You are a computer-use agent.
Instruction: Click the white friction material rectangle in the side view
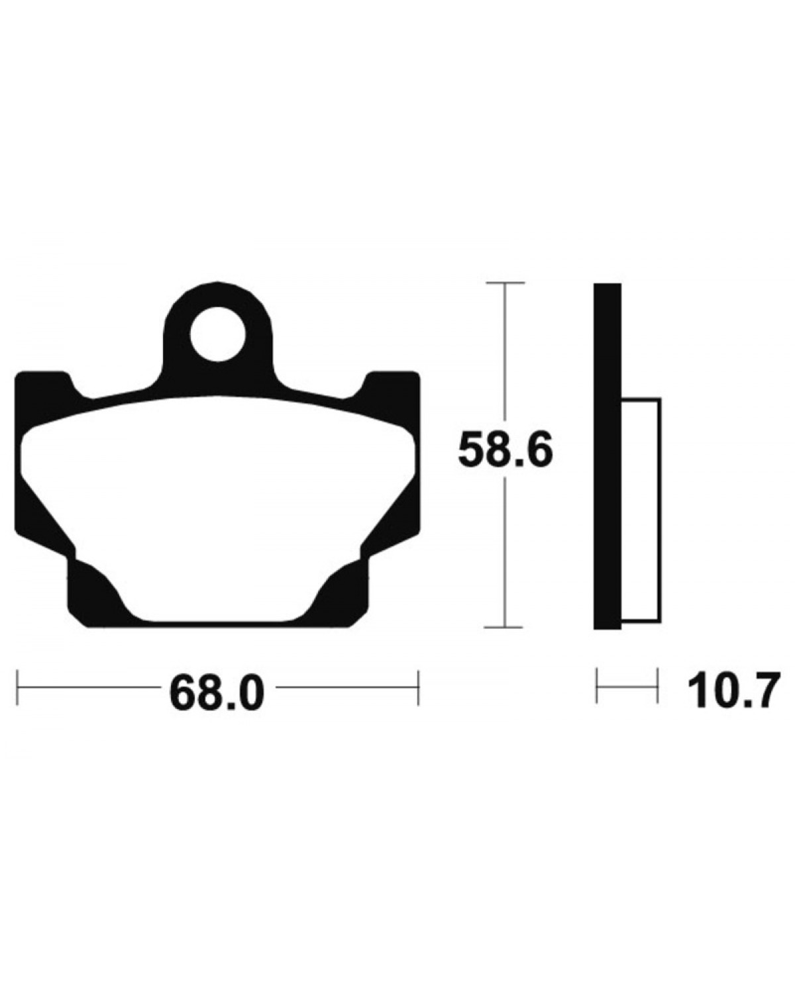point(641,509)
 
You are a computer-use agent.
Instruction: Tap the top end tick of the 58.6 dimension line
point(505,282)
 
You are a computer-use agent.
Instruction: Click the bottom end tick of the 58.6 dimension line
point(505,628)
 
